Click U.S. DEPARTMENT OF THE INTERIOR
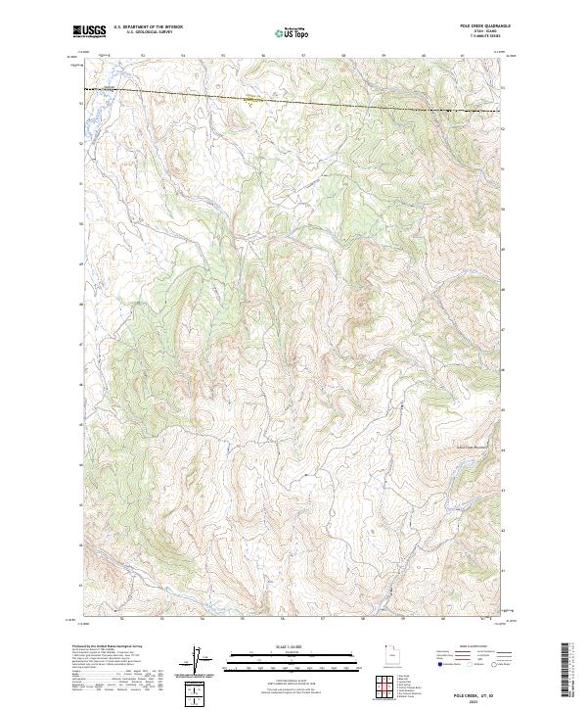(146, 27)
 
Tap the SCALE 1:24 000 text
(279, 646)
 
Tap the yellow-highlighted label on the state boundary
(252, 97)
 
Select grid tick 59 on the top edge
(384, 56)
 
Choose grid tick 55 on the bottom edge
(242, 619)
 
